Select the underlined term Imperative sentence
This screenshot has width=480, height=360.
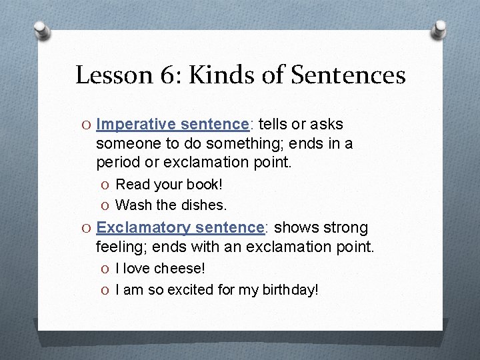click(x=172, y=124)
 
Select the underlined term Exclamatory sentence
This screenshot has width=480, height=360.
click(x=180, y=227)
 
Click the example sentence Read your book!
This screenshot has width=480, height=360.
click(x=169, y=184)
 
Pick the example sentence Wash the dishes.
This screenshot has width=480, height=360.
click(x=171, y=205)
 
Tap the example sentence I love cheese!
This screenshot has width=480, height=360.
click(x=160, y=268)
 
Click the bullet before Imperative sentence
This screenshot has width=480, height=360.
click(x=87, y=125)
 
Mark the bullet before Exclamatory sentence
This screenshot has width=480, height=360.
click(x=87, y=228)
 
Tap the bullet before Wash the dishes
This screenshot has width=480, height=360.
click(x=107, y=205)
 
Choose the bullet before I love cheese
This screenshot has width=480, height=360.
click(x=107, y=269)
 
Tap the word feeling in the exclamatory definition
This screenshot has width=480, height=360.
click(x=119, y=247)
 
